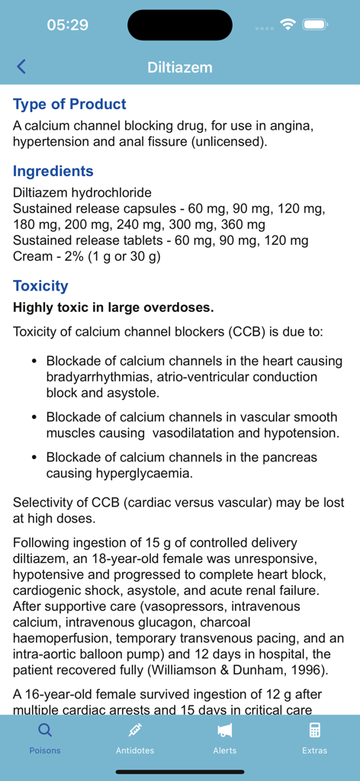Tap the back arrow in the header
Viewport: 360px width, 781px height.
(21, 67)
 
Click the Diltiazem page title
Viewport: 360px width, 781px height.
(180, 67)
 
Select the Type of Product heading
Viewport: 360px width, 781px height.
(69, 104)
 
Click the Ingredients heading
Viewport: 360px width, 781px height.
(53, 172)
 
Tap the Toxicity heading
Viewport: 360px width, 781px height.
(40, 286)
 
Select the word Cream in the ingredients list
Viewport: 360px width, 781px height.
(33, 256)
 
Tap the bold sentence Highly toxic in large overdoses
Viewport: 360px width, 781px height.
(114, 308)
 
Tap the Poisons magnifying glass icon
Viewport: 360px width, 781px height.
(45, 730)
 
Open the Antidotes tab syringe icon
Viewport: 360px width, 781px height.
(135, 730)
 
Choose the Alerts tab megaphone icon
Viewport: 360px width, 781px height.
(225, 731)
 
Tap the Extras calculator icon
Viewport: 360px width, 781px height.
(314, 730)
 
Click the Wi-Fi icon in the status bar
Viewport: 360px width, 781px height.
(288, 24)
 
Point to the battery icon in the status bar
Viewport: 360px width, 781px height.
(315, 24)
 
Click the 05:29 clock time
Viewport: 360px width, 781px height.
(67, 25)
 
